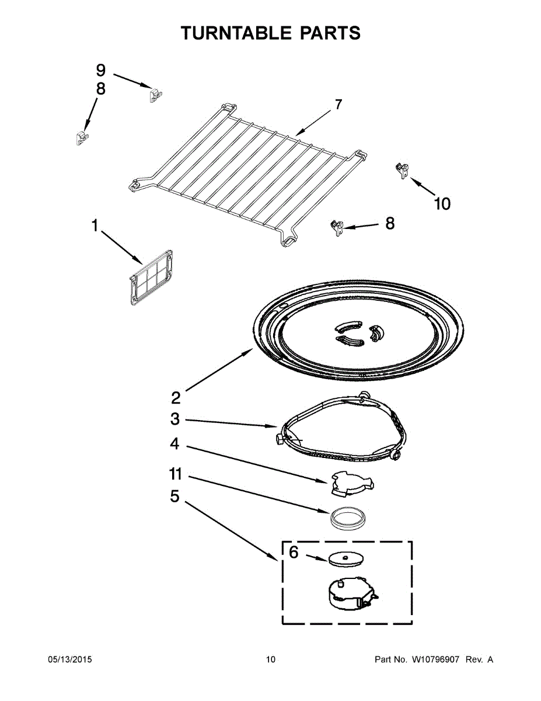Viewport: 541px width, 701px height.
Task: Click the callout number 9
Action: [x=100, y=71]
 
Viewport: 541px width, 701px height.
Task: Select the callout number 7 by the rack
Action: [x=338, y=105]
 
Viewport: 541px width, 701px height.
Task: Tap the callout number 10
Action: [x=442, y=204]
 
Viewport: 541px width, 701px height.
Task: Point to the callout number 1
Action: [x=95, y=226]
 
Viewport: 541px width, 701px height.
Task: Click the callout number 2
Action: [x=176, y=398]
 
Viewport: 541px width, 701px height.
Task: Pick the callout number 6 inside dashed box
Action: [x=294, y=552]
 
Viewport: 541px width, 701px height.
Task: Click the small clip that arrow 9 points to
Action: [x=155, y=94]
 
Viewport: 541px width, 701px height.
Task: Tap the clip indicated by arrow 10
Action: [x=402, y=170]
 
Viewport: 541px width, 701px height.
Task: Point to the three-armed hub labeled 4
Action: [x=350, y=483]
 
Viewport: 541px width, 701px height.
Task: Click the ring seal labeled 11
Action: [x=347, y=517]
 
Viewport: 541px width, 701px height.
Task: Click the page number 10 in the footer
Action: [x=270, y=660]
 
